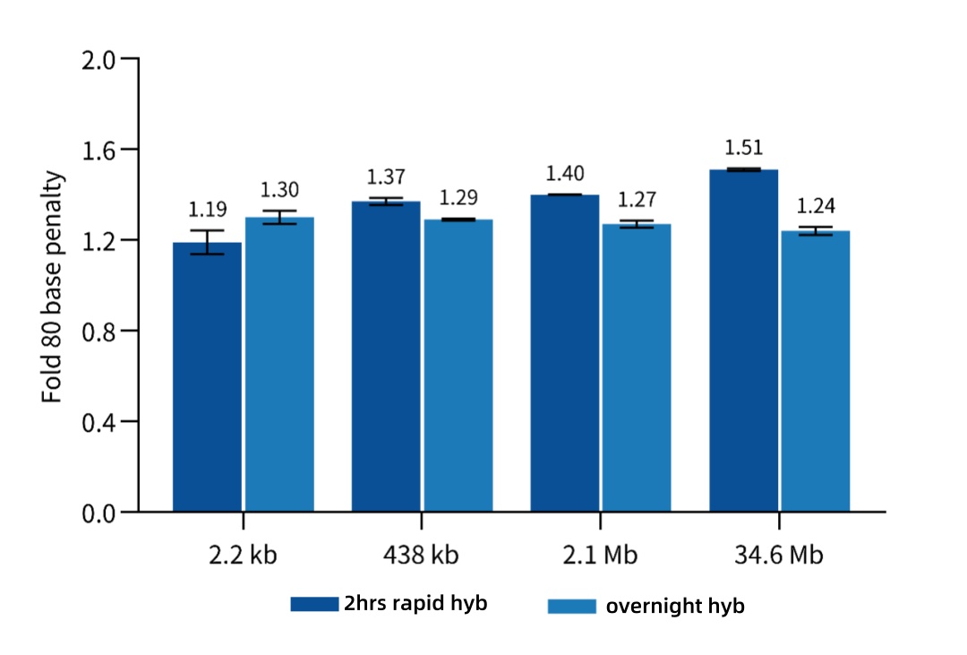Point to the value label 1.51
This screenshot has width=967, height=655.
click(744, 149)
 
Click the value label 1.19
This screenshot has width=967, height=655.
click(207, 210)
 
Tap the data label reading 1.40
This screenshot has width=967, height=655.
click(565, 173)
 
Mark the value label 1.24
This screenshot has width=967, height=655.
click(816, 206)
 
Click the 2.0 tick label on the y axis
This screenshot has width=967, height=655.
click(98, 59)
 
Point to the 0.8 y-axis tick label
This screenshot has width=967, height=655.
click(98, 332)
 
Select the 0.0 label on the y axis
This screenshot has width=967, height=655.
click(98, 513)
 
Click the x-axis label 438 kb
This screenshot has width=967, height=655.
click(422, 556)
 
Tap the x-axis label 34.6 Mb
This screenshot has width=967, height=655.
click(779, 556)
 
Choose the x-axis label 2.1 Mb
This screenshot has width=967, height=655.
click(601, 556)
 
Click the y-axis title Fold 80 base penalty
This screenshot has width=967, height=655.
click(55, 285)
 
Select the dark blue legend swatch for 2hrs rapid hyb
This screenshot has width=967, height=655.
click(313, 605)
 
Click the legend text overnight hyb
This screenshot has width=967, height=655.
click(675, 607)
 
